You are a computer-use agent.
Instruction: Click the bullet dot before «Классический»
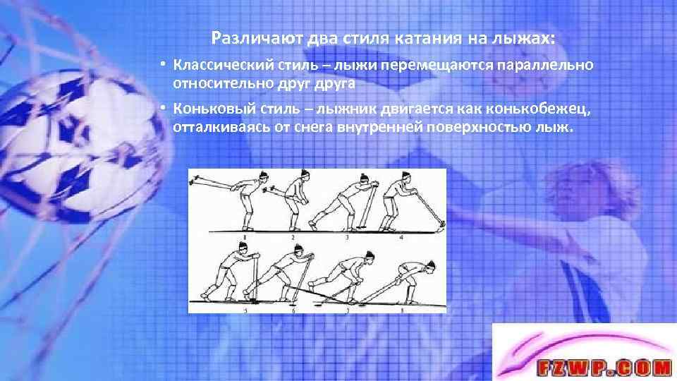(161, 65)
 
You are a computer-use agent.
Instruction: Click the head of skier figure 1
(261, 176)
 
